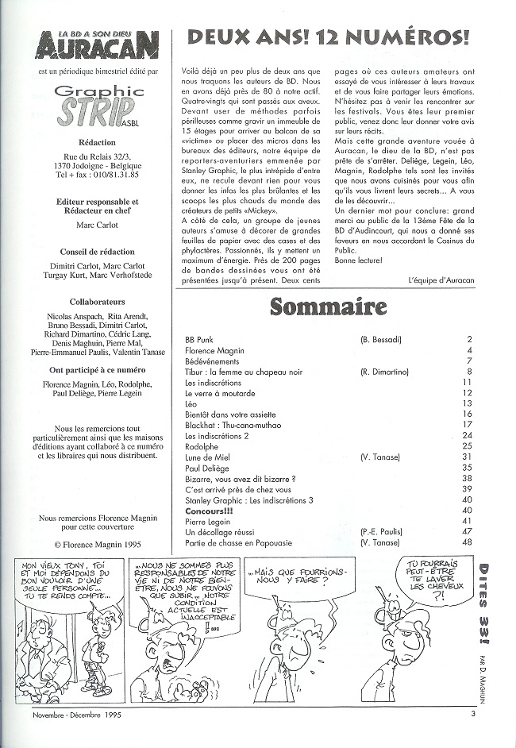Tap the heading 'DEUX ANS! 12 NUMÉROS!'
point(326,37)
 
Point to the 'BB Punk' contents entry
point(199,339)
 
